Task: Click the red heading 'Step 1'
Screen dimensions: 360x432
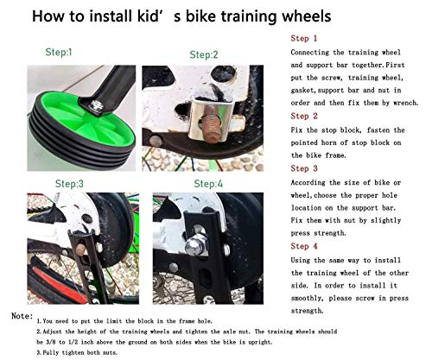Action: [x=304, y=40]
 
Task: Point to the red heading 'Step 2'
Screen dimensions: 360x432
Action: [x=304, y=115]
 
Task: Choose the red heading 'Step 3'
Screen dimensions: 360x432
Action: [x=304, y=169]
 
